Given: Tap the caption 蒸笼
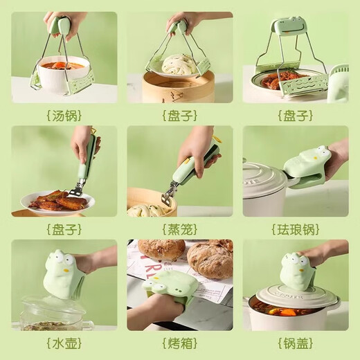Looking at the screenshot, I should pyautogui.click(x=179, y=229).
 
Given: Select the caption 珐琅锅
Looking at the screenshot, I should pyautogui.click(x=295, y=229).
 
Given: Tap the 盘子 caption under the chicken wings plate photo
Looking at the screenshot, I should pyautogui.click(x=63, y=229).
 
